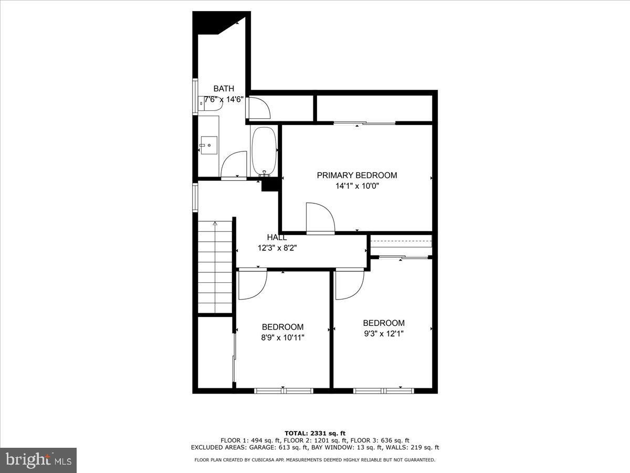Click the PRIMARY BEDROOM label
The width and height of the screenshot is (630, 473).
tap(357, 176)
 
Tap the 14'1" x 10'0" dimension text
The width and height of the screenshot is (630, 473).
tap(357, 186)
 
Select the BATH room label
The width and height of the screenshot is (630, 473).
tap(224, 89)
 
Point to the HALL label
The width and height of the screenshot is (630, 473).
tap(277, 238)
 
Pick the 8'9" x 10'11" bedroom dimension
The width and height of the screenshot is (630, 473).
tap(282, 337)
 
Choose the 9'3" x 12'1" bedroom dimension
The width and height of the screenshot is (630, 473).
tap(383, 333)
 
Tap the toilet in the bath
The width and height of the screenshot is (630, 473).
tap(212, 104)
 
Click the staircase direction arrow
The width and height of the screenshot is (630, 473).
tap(215, 224)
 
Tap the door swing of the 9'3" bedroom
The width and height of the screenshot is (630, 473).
tap(349, 284)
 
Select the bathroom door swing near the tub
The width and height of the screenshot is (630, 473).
tap(234, 164)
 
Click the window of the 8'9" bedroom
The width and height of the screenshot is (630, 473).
tap(283, 390)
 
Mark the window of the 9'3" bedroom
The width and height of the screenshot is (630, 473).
tap(383, 390)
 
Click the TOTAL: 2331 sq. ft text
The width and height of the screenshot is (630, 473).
tap(315, 433)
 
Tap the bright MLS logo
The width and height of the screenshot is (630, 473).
tap(38, 460)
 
